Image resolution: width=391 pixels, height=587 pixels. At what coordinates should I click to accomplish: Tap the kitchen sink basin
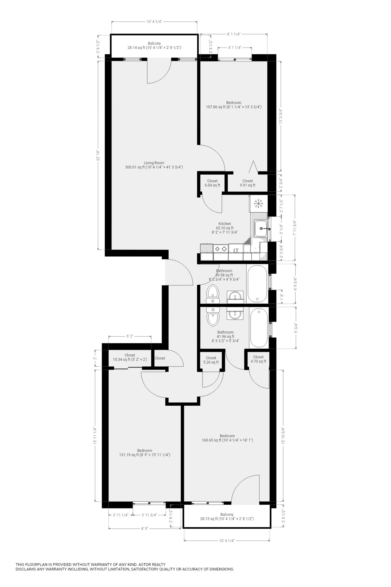(261, 228)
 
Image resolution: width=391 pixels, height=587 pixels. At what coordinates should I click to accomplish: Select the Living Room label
(154, 165)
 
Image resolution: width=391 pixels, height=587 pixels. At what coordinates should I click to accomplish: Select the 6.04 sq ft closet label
(212, 183)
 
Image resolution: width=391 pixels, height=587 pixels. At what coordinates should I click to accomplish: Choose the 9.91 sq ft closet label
(247, 183)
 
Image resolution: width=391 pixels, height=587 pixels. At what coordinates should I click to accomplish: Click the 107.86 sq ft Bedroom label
(234, 105)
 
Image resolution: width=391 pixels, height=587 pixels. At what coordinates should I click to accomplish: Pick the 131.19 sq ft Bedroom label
(144, 453)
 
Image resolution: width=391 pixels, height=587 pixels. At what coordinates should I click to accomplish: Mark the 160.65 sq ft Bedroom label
(227, 438)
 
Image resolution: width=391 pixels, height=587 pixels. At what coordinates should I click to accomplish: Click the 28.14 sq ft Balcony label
(154, 46)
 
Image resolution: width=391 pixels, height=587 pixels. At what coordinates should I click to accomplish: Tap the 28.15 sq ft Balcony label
(227, 517)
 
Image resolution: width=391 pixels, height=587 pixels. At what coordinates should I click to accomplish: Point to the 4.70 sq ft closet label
(258, 359)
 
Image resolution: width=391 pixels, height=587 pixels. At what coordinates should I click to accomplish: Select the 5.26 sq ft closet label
(211, 360)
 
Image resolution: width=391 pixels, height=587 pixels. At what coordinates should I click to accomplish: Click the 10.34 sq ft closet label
(130, 357)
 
